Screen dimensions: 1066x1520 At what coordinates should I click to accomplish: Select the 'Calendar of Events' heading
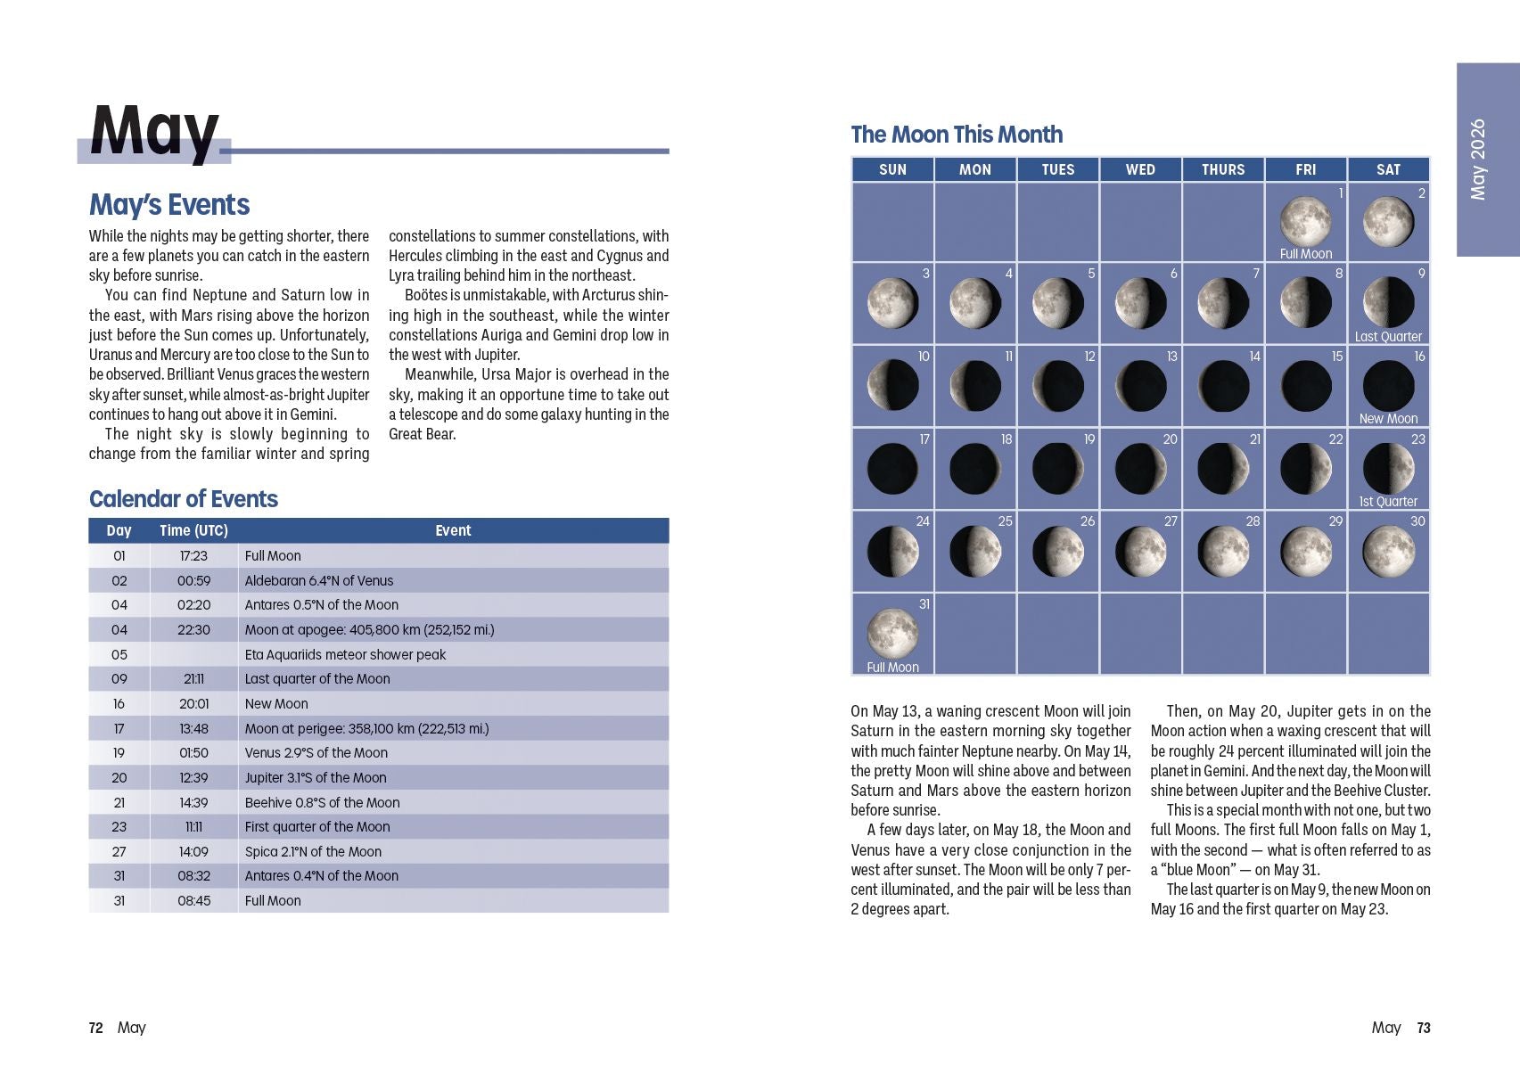coord(184,499)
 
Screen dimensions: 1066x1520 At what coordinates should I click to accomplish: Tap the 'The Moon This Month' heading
coord(957,135)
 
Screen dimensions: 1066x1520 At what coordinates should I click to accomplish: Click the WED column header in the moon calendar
coord(1140,169)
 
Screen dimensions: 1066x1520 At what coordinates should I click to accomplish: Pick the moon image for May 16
coord(1388,385)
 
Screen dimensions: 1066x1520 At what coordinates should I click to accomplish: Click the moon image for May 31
coord(892,632)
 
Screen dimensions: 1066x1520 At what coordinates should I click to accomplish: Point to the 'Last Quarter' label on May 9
coord(1388,337)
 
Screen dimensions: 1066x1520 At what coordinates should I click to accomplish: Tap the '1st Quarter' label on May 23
coord(1388,502)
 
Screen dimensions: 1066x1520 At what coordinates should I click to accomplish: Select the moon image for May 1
coord(1305,221)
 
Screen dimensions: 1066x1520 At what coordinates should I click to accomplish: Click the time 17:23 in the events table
coord(193,556)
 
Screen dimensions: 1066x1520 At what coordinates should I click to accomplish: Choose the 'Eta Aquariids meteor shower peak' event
coord(345,654)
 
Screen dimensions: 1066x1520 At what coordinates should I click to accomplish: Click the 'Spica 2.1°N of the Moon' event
coord(313,852)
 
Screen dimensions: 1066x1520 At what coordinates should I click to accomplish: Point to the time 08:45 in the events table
coord(193,901)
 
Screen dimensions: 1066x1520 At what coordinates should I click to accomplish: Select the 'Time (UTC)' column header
coord(193,531)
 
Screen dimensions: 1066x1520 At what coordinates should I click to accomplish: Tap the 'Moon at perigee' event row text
coord(366,729)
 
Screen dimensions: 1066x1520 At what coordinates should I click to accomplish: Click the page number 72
coord(95,1029)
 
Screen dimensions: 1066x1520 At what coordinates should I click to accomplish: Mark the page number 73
coord(1424,1029)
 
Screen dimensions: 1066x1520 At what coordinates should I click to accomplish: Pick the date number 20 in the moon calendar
coord(1170,439)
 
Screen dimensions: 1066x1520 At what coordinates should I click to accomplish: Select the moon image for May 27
coord(1140,551)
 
